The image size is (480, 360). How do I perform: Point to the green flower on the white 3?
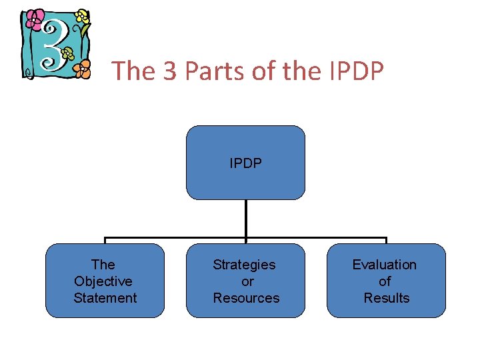(x=67, y=53)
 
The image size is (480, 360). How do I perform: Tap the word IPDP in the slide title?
(x=357, y=70)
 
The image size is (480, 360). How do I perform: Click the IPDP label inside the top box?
(x=245, y=163)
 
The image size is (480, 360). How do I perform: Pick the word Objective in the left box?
(x=103, y=281)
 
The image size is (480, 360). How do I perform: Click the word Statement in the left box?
(x=105, y=298)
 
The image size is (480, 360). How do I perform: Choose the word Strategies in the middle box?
(x=244, y=265)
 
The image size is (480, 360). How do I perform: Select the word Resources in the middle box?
(x=246, y=298)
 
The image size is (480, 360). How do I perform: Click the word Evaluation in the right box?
(x=384, y=265)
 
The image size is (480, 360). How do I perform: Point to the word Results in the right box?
(x=386, y=298)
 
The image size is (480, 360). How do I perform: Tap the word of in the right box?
(x=385, y=281)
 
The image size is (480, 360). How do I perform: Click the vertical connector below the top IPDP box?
(x=245, y=219)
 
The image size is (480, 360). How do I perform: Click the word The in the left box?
(x=103, y=265)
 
